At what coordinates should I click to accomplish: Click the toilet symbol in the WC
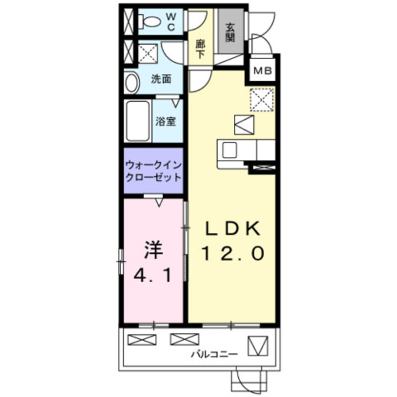[x=149, y=22]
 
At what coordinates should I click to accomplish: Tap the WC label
[x=172, y=22]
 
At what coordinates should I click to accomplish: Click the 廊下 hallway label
[x=200, y=48]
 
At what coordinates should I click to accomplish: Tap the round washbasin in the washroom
[x=131, y=83]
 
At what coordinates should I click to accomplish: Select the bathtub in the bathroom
[x=137, y=121]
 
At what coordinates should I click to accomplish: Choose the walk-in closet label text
[x=153, y=171]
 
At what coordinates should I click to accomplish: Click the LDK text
[x=231, y=228]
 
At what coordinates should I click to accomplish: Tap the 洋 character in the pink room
[x=153, y=250]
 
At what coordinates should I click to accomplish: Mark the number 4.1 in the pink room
[x=153, y=273]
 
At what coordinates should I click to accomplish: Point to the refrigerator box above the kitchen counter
[x=244, y=124]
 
